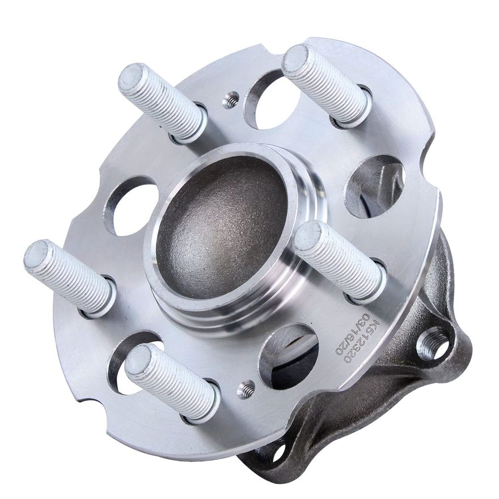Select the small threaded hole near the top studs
(x=230, y=100)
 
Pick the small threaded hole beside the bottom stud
(x=246, y=388)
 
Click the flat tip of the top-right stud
(x=295, y=58)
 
